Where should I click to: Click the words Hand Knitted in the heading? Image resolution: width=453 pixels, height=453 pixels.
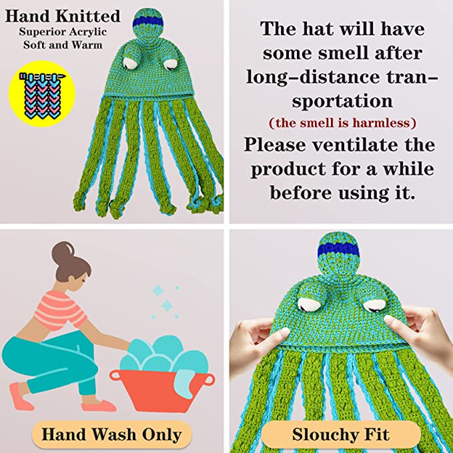pyautogui.click(x=63, y=17)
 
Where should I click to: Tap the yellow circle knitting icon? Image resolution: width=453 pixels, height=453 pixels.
pyautogui.click(x=42, y=93)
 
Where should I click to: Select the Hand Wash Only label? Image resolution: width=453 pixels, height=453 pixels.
pyautogui.click(x=111, y=434)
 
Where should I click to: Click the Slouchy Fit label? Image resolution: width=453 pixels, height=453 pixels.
pyautogui.click(x=341, y=434)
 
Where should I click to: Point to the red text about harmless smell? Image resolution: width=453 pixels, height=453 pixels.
pyautogui.click(x=342, y=123)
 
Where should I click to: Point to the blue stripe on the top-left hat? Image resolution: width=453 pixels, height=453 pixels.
pyautogui.click(x=148, y=22)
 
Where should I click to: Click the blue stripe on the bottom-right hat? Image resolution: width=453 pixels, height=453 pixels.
pyautogui.click(x=338, y=250)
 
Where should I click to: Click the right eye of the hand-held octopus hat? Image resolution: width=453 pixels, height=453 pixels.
pyautogui.click(x=374, y=306)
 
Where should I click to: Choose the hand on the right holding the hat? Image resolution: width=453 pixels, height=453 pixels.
pyautogui.click(x=420, y=335)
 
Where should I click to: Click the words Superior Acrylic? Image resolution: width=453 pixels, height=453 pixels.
pyautogui.click(x=63, y=31)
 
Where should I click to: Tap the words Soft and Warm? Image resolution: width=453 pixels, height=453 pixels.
pyautogui.click(x=63, y=45)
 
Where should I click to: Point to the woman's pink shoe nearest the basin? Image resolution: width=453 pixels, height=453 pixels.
pyautogui.click(x=99, y=406)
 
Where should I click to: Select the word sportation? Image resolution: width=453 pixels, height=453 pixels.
pyautogui.click(x=342, y=101)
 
